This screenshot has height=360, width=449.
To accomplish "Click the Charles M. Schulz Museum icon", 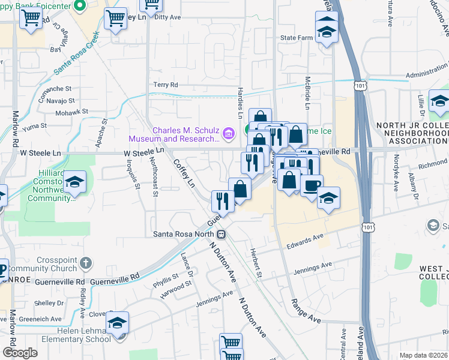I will [228, 133].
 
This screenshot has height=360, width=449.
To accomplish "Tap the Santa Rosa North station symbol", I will [221, 234].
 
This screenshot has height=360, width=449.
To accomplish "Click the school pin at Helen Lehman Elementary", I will [118, 324].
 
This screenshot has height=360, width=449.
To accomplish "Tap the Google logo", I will [20, 353].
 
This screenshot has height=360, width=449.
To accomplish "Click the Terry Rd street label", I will [166, 85].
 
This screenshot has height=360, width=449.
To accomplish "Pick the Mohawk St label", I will [71, 112].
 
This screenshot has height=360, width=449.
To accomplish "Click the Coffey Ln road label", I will [184, 172].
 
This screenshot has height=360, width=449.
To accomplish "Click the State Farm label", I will [297, 38].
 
